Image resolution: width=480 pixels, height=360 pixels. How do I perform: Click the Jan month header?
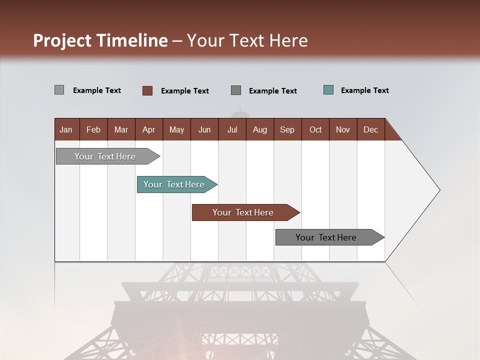66,129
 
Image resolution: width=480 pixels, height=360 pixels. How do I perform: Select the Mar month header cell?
121,129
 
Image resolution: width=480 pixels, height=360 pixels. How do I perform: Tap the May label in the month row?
176,129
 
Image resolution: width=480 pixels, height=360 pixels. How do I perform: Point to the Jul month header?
232,129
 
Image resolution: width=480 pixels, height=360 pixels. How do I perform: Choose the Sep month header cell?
287,129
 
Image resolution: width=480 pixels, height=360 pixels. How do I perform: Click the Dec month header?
370,129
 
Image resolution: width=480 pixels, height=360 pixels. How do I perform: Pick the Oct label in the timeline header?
315,129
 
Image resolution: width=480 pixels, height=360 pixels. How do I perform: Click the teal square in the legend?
328,90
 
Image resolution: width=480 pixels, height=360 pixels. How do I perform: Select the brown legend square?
147,90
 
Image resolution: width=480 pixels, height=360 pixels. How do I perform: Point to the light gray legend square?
59,90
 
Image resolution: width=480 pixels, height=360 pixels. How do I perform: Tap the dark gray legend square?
236,90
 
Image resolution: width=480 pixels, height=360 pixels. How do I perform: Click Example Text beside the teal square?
364,90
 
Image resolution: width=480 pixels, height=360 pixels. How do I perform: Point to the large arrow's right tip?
438,190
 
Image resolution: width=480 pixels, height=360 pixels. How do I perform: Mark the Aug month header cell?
259,129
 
